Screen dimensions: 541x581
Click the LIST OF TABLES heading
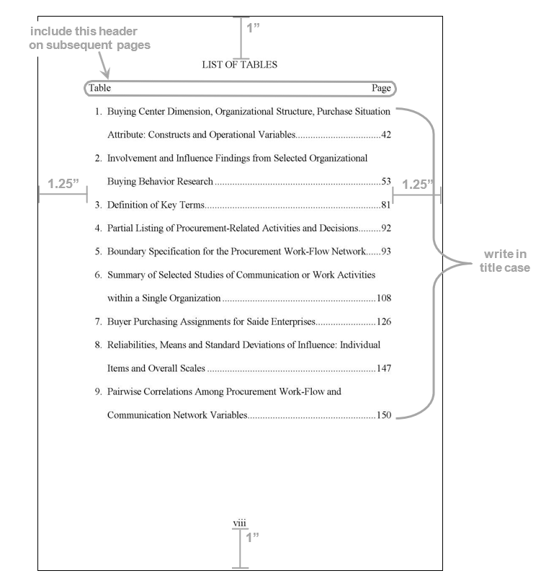(240, 64)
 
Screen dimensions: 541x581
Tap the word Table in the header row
(99, 88)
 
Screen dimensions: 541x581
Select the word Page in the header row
(381, 88)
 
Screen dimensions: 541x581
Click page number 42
(386, 135)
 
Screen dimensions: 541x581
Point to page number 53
(386, 181)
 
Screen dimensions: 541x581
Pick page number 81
(386, 205)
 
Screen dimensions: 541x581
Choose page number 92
(386, 228)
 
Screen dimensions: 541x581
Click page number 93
(386, 252)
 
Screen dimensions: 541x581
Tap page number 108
(384, 298)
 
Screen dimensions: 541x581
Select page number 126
(384, 321)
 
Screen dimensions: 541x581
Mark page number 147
(384, 368)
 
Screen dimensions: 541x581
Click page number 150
(384, 414)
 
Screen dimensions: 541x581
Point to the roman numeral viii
(240, 523)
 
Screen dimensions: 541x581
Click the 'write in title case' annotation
(505, 261)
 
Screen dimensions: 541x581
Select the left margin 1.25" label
(63, 183)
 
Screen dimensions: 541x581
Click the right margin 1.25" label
(418, 184)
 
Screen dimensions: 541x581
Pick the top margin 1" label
(253, 28)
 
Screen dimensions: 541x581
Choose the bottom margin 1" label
(252, 537)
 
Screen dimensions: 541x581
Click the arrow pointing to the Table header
(104, 65)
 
